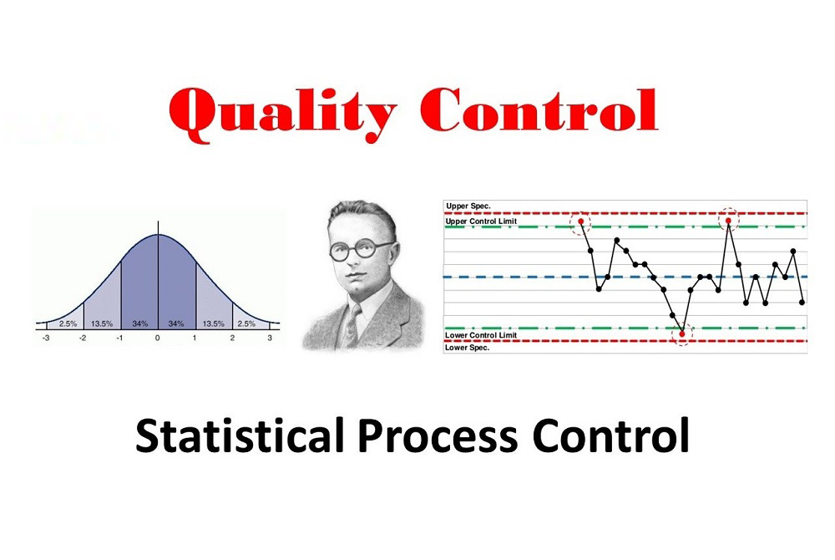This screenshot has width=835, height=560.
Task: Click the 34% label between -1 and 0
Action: tap(139, 323)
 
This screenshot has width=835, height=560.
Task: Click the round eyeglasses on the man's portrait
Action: tap(361, 249)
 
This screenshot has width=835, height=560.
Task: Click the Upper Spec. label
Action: tap(468, 206)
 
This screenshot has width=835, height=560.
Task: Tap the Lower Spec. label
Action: tap(468, 348)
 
